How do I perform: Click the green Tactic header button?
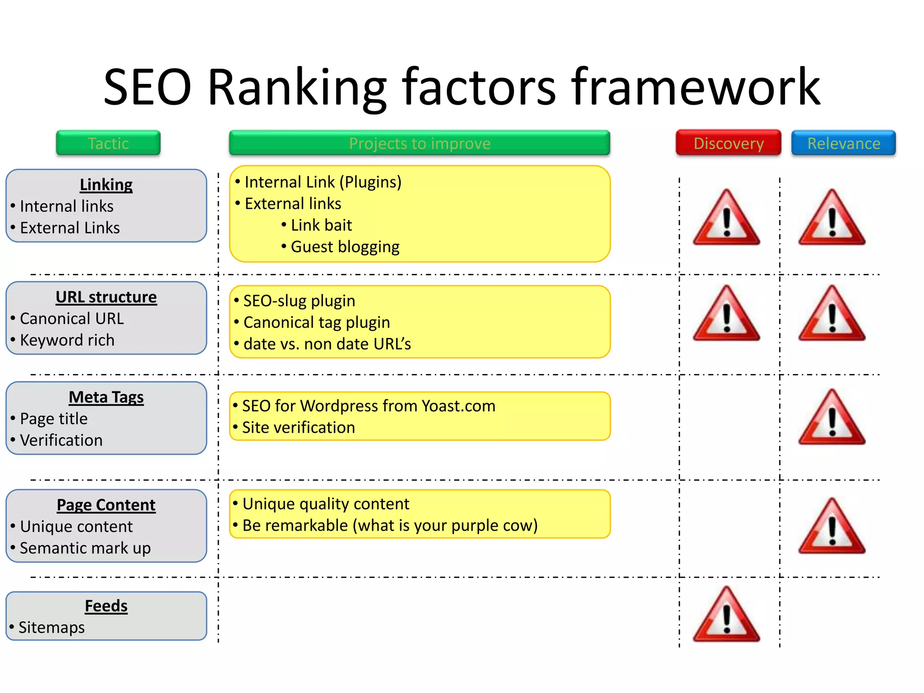pos(108,143)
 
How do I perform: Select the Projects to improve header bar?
pos(420,143)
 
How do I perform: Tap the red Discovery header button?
pos(728,143)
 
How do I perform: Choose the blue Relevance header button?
pos(843,143)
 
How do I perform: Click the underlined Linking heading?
pos(106,185)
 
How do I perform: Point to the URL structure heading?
pos(106,297)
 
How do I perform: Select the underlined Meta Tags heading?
pos(106,397)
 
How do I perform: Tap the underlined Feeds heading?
pos(106,606)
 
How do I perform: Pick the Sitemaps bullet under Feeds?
pos(51,628)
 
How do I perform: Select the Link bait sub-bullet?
pos(321,225)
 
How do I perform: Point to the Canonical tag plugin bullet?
pos(316,323)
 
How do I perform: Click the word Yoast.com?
pos(458,406)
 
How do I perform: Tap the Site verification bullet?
pos(298,428)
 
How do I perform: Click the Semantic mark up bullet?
pos(85,548)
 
